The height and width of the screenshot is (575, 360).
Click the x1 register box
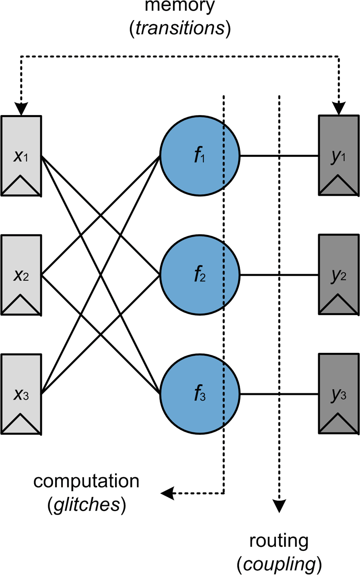(x=21, y=156)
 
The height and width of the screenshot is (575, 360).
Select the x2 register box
(x=21, y=275)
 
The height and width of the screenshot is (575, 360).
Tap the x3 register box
(x=21, y=394)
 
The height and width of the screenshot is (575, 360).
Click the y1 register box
(x=339, y=156)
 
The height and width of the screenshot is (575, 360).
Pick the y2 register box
(x=339, y=275)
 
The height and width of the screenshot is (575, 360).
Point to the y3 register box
(x=339, y=394)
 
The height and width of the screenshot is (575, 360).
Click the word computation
(x=86, y=482)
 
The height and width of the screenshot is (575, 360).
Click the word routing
(x=279, y=541)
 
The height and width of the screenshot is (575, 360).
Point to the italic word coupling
(x=279, y=565)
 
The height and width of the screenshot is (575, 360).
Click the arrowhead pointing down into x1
(x=21, y=109)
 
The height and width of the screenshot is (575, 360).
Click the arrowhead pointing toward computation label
(x=167, y=493)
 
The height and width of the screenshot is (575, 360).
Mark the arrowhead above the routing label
(x=279, y=506)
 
